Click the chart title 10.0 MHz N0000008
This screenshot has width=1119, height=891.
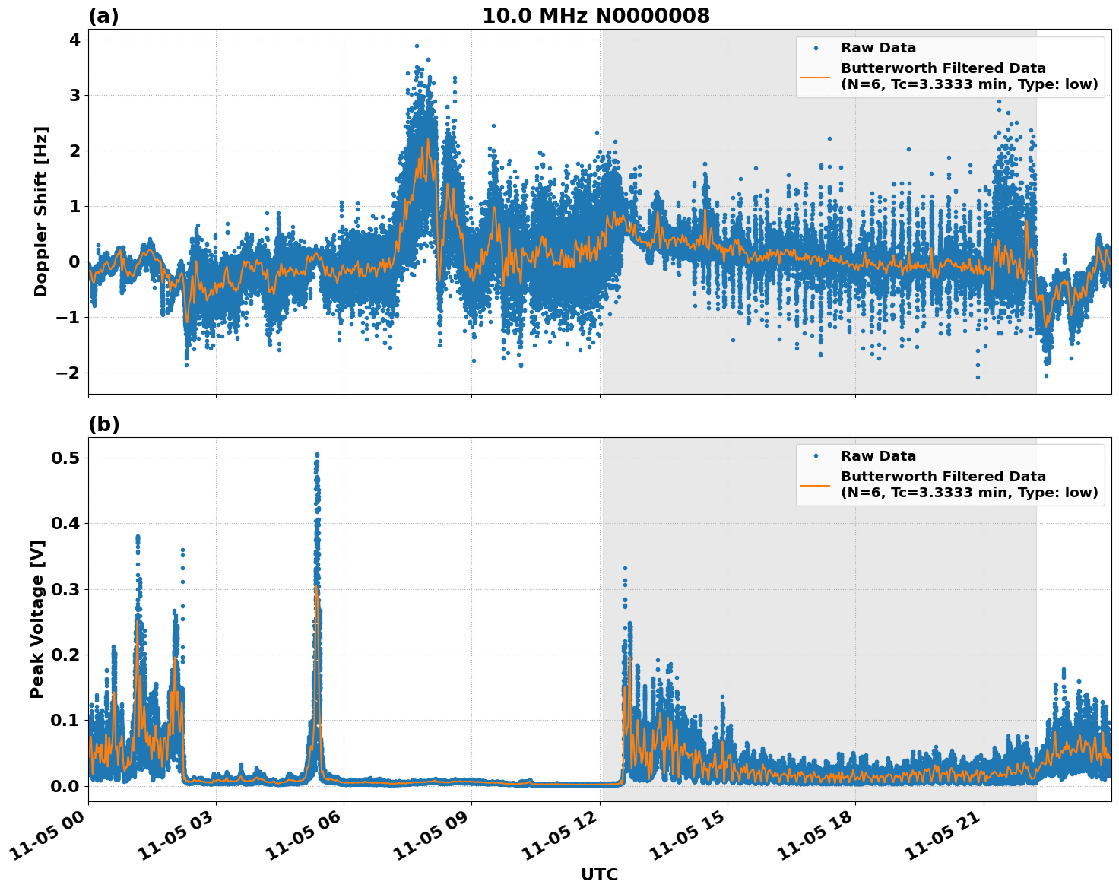(595, 16)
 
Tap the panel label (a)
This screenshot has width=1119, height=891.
(103, 16)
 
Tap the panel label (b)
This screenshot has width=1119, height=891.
(103, 424)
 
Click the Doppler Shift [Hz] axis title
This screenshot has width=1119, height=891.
(41, 211)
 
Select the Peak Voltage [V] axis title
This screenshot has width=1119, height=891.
(37, 619)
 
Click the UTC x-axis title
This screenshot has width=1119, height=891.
(599, 874)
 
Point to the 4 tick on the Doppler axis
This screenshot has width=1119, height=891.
(74, 40)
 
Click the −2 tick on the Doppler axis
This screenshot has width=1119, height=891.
(69, 373)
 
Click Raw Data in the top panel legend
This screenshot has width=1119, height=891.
(878, 48)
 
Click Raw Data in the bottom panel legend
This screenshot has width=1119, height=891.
(878, 456)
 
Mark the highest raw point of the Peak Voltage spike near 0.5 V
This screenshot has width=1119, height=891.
(317, 455)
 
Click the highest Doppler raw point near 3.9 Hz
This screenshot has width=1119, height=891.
(417, 46)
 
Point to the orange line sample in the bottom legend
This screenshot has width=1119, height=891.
(816, 484)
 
